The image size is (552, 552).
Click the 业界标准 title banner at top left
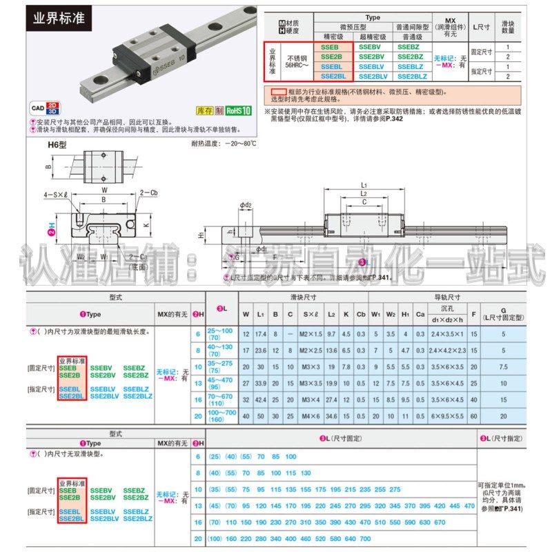point(59,17)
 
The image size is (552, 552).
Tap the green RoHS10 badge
point(237,110)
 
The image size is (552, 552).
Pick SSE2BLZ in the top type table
point(413,77)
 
